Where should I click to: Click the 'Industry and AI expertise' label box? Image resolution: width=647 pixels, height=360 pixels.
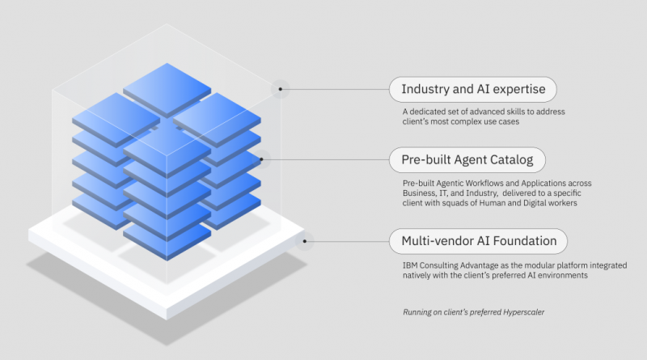point(473,89)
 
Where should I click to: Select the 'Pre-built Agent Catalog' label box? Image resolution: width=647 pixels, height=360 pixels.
point(467,159)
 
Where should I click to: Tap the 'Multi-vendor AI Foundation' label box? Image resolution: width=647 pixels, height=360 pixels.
point(478,241)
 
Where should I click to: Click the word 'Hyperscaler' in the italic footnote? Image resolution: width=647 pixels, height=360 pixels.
point(523,312)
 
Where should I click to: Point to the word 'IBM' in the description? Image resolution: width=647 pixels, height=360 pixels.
point(410,265)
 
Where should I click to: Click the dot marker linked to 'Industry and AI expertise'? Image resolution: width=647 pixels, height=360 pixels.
point(280,89)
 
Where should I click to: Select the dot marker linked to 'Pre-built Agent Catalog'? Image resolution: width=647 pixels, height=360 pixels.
point(261,159)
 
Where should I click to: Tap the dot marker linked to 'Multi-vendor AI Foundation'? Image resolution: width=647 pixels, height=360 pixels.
point(305,241)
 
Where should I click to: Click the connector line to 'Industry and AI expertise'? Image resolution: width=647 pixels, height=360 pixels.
point(335,89)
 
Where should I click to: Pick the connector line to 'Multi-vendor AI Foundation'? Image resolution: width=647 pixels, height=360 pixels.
point(347,241)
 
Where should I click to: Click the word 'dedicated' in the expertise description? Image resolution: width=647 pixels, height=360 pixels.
point(428,112)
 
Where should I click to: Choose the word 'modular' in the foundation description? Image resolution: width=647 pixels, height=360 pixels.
point(539,265)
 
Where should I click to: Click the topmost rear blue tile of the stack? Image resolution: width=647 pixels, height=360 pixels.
point(167,90)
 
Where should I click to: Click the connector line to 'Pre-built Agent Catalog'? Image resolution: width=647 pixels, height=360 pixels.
point(325,159)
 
